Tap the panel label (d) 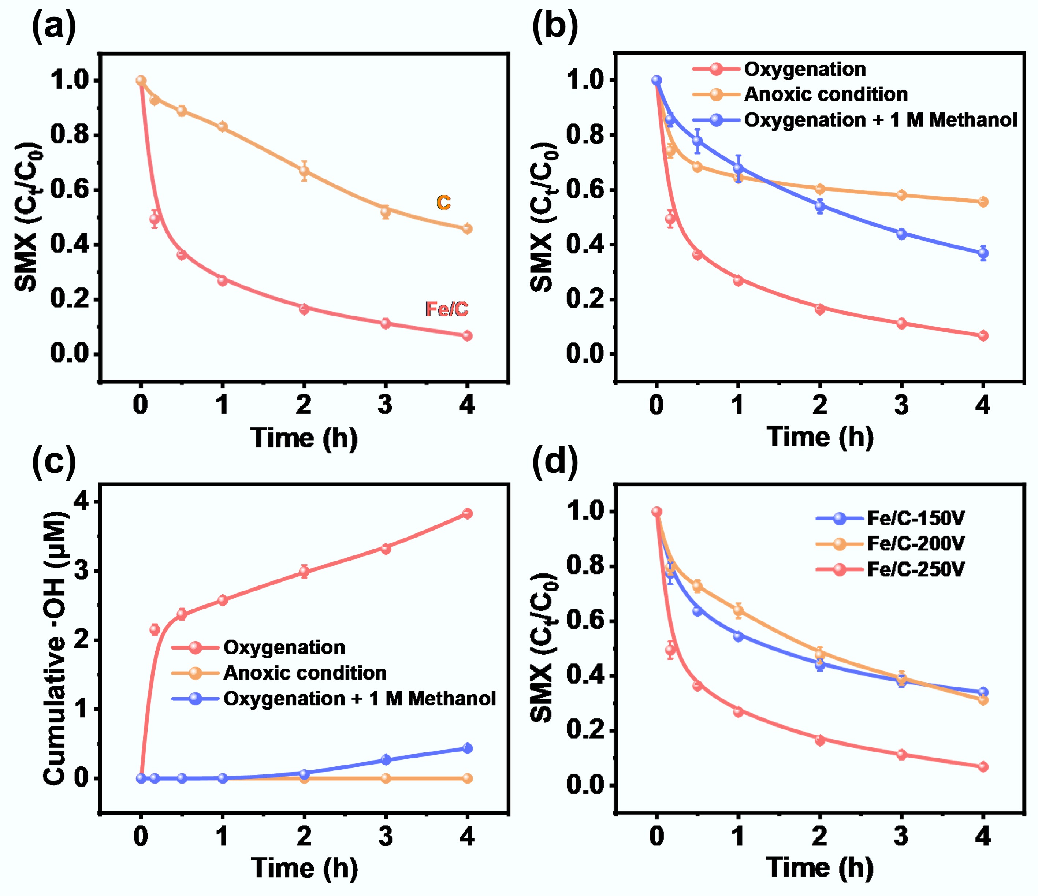point(555,461)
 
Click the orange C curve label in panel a point(443,202)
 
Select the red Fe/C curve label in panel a point(446,309)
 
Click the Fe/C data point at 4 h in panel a point(467,336)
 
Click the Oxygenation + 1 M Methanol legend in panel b point(880,120)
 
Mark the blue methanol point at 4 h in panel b point(983,253)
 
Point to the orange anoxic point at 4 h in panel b point(983,201)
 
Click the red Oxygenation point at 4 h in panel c point(467,513)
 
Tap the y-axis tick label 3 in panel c point(81,571)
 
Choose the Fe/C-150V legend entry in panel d point(915,518)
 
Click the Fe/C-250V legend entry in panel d point(915,569)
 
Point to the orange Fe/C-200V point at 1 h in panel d point(738,610)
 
